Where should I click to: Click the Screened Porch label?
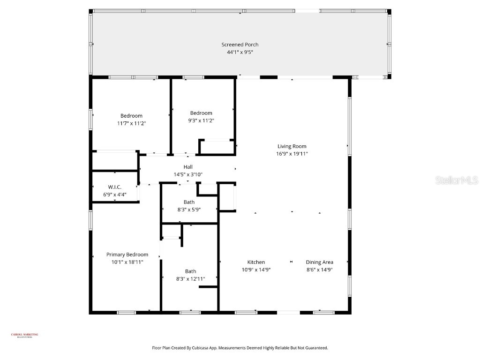pos(240,45)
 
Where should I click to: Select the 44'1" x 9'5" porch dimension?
pos(240,52)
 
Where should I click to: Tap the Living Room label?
pos(292,146)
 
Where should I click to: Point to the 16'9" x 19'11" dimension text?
pos(292,154)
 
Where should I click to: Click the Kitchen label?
pos(256,262)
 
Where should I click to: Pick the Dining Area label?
pos(319,262)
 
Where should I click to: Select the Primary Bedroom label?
pos(127,255)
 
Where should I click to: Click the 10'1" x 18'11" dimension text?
pos(127,262)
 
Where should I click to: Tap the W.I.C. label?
pos(115,187)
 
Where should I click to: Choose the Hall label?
pos(187,167)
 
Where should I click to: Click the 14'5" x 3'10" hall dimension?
pos(187,174)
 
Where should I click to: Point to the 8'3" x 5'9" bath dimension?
pos(189,210)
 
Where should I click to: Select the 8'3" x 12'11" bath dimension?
pos(190,279)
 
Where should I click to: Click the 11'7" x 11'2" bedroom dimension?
pos(131,123)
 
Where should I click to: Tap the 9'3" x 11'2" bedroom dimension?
pos(201,120)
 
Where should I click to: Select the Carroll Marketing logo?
pos(24,335)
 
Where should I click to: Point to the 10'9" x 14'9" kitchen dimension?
pos(256,270)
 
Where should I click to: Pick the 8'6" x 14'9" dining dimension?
pos(319,270)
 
